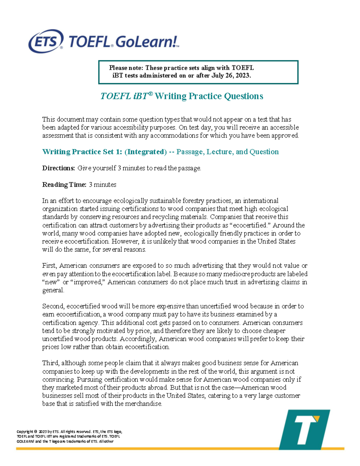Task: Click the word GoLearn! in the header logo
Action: tap(147, 42)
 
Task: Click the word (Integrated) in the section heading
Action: tap(145, 152)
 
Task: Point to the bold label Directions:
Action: tap(58, 168)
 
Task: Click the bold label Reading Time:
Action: tap(64, 185)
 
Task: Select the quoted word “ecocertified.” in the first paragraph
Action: tap(250, 225)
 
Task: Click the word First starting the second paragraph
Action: tap(49, 266)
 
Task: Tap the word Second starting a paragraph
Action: tap(53, 306)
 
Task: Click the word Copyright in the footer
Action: tap(25, 432)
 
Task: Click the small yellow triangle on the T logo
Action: tap(317, 419)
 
